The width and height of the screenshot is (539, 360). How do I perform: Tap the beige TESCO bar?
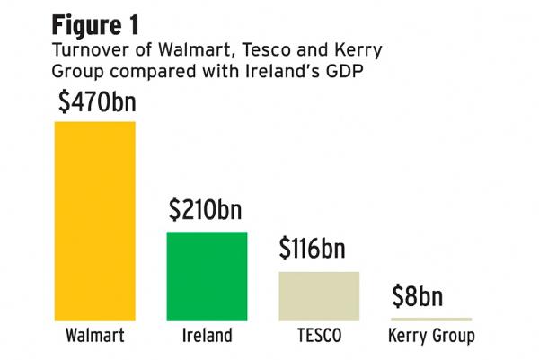click(319, 295)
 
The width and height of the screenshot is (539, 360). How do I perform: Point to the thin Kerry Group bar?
click(430, 319)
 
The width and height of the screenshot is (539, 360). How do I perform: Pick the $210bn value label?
click(206, 211)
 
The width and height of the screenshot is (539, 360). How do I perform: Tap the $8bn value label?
click(419, 296)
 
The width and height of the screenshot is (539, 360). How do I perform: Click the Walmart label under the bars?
click(95, 338)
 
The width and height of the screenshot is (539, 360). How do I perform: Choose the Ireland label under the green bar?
click(207, 338)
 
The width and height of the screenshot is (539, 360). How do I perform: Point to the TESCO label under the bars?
click(319, 338)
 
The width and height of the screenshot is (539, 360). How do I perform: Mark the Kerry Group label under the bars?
click(431, 338)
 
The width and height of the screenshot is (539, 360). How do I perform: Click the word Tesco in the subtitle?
click(245, 51)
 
